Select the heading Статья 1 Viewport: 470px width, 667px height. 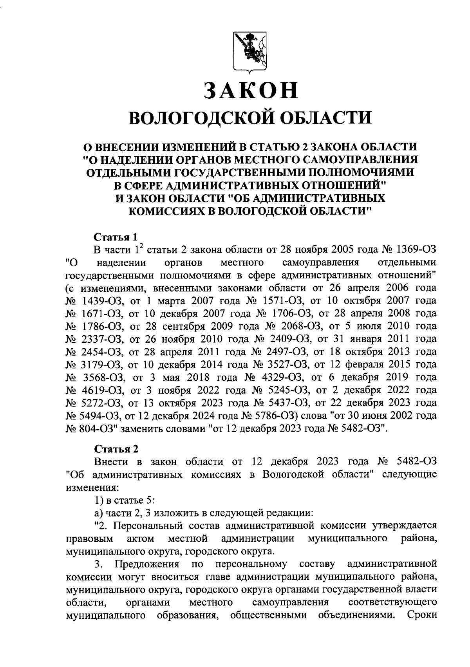click(116, 237)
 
